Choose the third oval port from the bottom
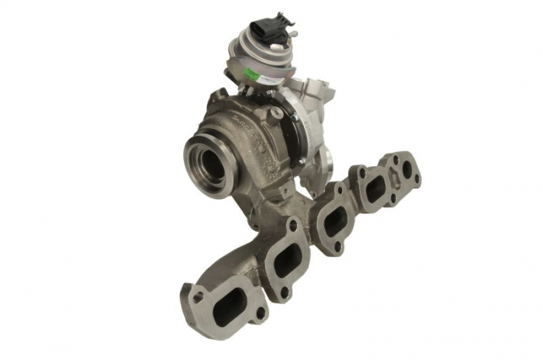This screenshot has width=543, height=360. click(334, 222)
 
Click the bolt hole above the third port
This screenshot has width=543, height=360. click(340, 190)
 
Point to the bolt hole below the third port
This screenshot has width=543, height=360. click(338, 247)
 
